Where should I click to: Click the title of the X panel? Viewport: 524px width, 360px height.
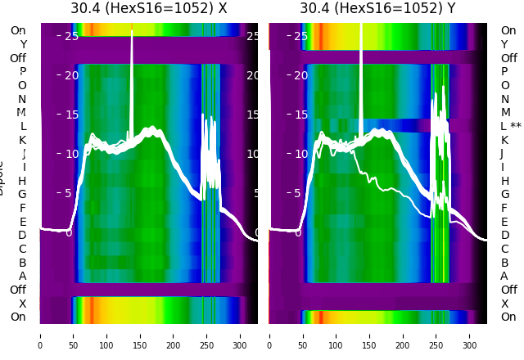pyautogui.click(x=148, y=9)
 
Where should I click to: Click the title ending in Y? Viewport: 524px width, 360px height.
pyautogui.click(x=377, y=9)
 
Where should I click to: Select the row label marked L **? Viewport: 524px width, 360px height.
pyautogui.click(x=511, y=127)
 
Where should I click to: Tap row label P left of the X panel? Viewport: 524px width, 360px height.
pyautogui.click(x=23, y=72)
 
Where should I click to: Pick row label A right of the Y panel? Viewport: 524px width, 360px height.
pyautogui.click(x=504, y=277)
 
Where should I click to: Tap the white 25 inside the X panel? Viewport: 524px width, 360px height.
pyautogui.click(x=71, y=36)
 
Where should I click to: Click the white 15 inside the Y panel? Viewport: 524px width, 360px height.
pyautogui.click(x=300, y=115)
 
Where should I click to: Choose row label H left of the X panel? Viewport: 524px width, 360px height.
pyautogui.click(x=22, y=181)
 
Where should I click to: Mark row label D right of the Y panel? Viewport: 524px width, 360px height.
pyautogui.click(x=504, y=236)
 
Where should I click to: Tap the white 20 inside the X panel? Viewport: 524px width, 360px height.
pyautogui.click(x=71, y=75)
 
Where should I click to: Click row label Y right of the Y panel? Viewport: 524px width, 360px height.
pyautogui.click(x=504, y=45)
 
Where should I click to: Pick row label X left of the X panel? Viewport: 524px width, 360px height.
pyautogui.click(x=22, y=304)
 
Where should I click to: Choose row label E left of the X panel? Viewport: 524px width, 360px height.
pyautogui.click(x=22, y=222)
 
